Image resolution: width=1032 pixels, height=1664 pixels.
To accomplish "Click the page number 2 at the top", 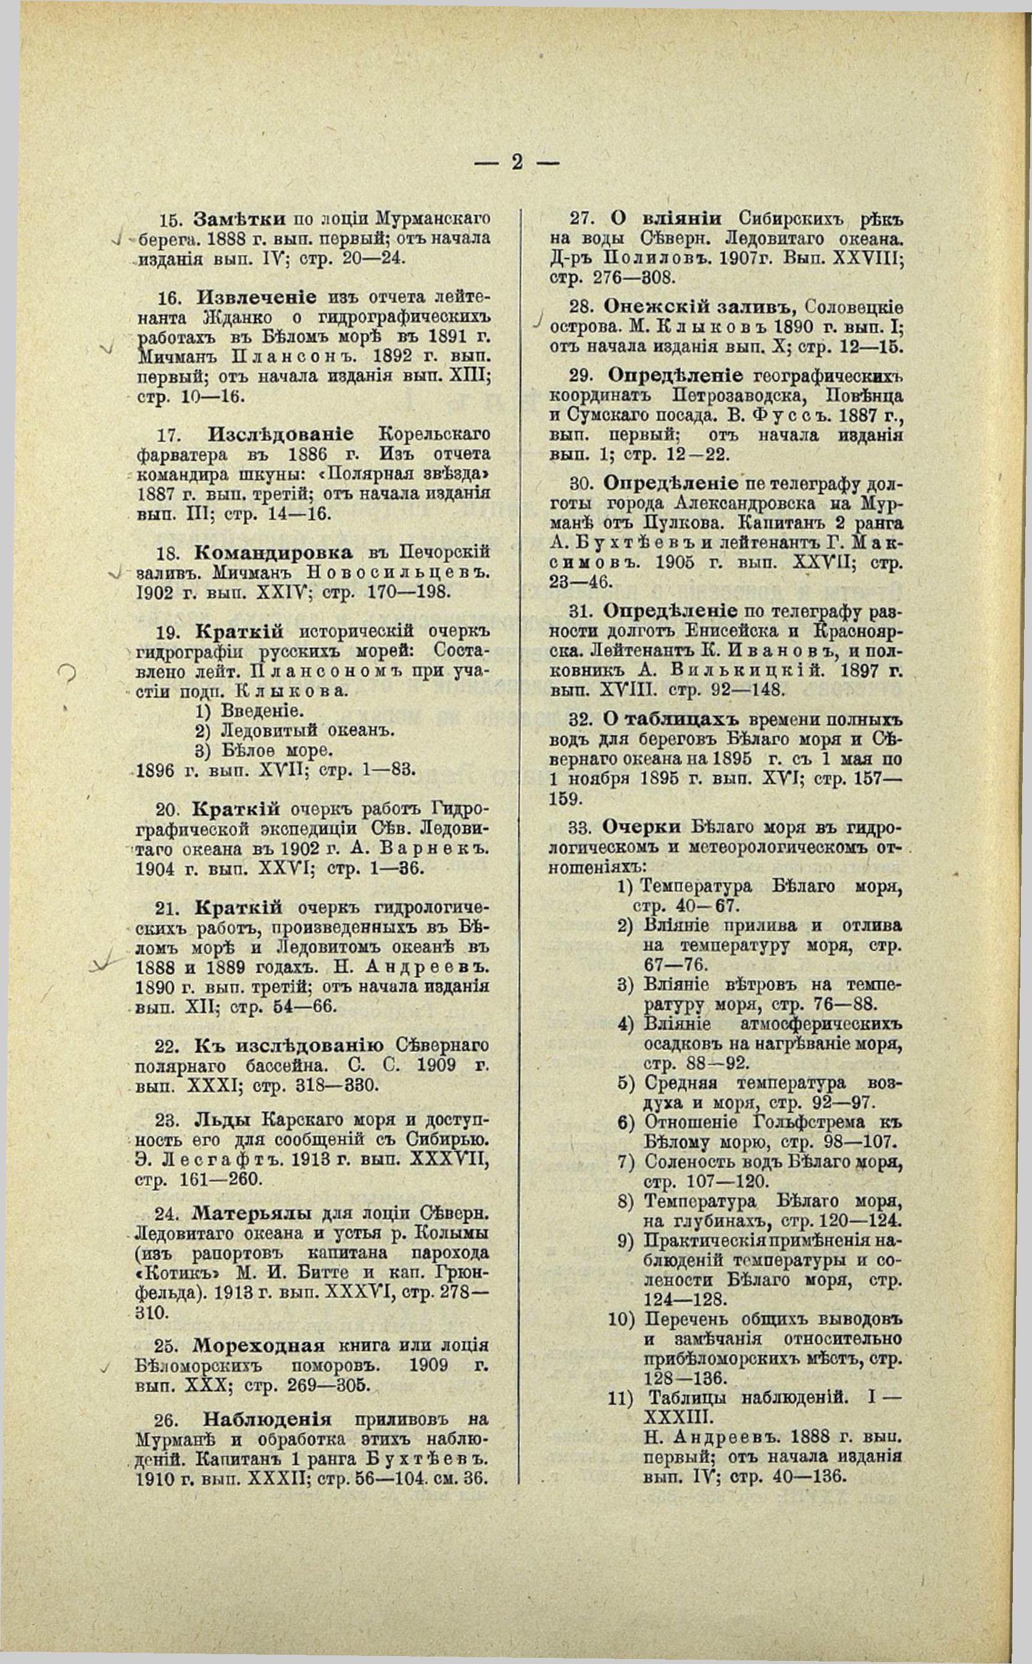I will [517, 162].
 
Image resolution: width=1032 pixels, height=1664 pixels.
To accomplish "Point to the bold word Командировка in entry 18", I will [273, 552].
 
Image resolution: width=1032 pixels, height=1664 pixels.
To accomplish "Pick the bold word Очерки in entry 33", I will [641, 827].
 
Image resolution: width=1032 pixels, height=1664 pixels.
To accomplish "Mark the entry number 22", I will [166, 1045].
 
